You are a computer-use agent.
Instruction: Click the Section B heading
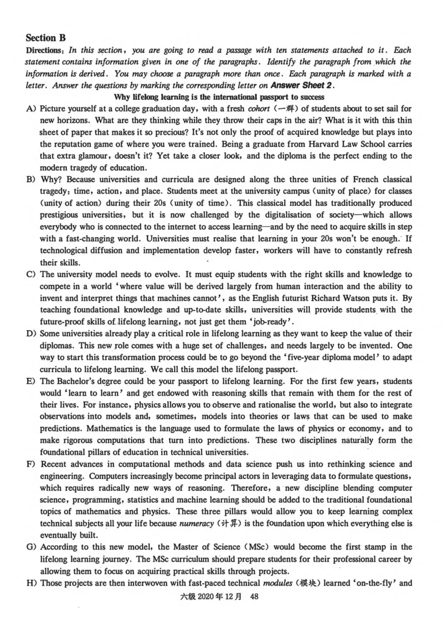pyautogui.click(x=45, y=38)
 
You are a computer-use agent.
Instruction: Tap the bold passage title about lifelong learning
pyautogui.click(x=221, y=97)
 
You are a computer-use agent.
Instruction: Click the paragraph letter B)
pyautogui.click(x=31, y=180)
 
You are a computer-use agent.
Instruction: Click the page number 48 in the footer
pyautogui.click(x=255, y=597)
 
